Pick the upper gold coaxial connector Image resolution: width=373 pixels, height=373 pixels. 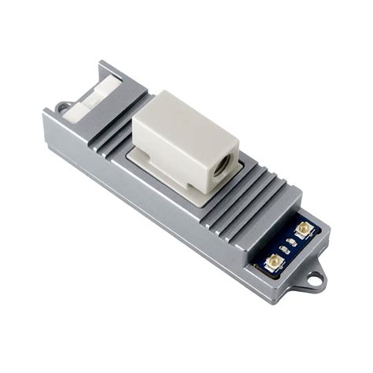(302, 229)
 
